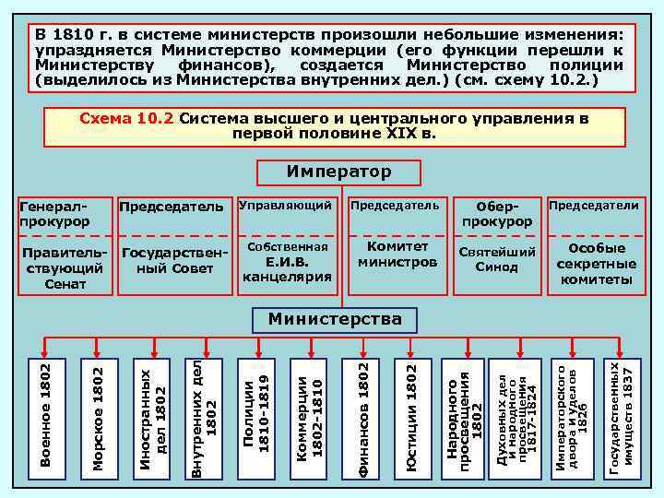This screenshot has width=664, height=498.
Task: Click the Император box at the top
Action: click(x=338, y=172)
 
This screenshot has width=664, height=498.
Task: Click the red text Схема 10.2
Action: click(x=127, y=120)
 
